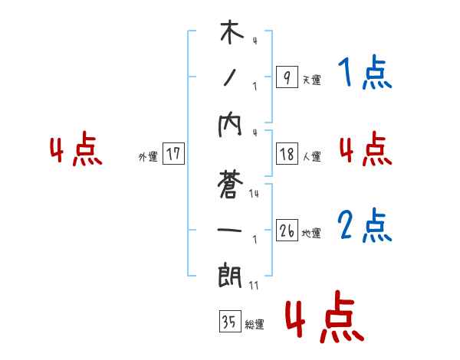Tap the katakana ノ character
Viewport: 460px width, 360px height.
coord(230,77)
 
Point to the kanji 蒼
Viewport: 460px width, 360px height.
coord(231,186)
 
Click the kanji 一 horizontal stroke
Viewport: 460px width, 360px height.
coord(231,229)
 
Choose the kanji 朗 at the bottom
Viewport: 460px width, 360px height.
coord(231,273)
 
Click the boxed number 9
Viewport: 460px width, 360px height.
coord(286,77)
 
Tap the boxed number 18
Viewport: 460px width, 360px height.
coord(287,154)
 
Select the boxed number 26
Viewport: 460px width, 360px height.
coord(287,231)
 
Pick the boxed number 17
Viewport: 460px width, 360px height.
coord(173,154)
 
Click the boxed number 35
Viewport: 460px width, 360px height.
coord(228,322)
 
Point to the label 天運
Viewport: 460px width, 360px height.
coord(311,80)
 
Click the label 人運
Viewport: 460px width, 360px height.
coord(311,156)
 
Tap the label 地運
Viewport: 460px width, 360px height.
coord(311,233)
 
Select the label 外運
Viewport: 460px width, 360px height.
coord(148,156)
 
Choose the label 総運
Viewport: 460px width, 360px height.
coord(255,325)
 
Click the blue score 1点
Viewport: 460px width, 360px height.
coord(364,74)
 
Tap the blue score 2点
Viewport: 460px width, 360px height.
coord(365,227)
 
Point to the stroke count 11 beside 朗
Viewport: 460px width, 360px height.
coord(254,285)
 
